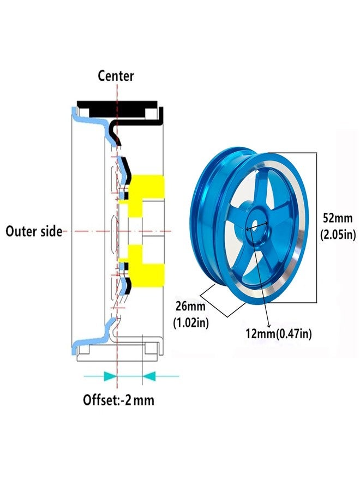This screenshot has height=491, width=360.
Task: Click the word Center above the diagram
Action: pos(116,76)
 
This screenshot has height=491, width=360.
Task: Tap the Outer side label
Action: pos(34,231)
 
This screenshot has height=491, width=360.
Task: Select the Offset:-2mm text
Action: pos(118,400)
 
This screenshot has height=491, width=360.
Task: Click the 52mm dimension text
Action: pos(338,218)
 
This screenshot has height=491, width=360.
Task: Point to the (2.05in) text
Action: pos(338,234)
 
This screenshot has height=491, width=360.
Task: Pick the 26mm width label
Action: pos(190,306)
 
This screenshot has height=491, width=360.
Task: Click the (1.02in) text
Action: pos(191,322)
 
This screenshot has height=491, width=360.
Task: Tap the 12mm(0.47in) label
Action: pos(278,334)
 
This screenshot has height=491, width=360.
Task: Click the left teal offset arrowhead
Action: pos(110,376)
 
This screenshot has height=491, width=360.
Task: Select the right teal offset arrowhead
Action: pos(149,376)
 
